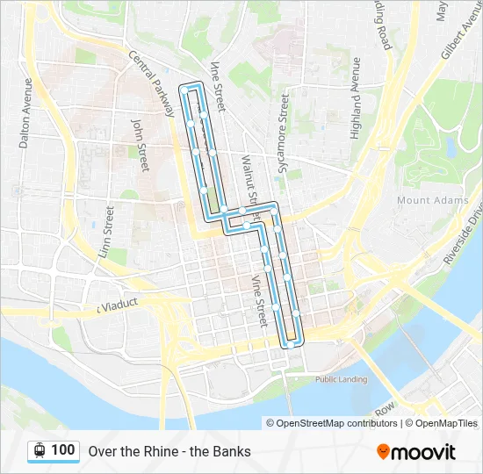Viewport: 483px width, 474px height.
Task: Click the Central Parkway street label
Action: pyautogui.click(x=151, y=83)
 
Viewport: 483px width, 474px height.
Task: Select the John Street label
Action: pyautogui.click(x=138, y=140)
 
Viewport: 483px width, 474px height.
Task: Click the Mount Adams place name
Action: pyautogui.click(x=427, y=200)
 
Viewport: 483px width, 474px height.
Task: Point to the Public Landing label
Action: pyautogui.click(x=341, y=379)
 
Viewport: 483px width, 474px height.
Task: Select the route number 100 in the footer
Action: pyautogui.click(x=62, y=450)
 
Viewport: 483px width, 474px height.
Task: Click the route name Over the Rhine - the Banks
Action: pyautogui.click(x=169, y=451)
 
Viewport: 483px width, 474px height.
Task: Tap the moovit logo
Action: pyautogui.click(x=416, y=452)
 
